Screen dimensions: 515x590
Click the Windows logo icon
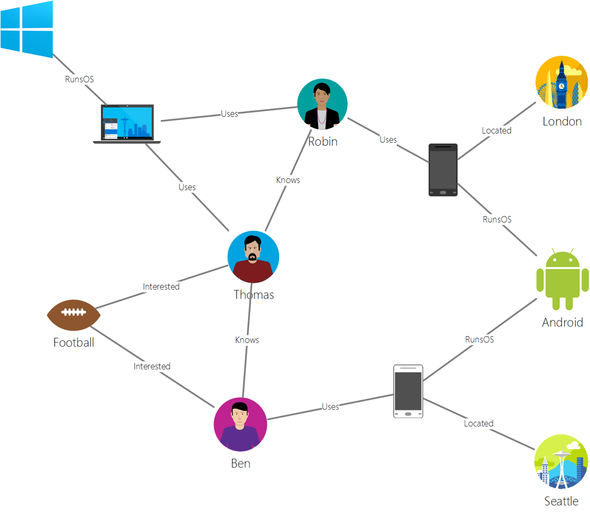click(27, 29)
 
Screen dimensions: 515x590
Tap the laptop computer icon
click(127, 124)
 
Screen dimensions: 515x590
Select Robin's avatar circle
click(322, 104)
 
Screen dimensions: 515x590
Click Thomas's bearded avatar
click(253, 257)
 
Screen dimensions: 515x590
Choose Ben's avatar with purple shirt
click(240, 424)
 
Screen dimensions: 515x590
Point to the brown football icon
click(73, 315)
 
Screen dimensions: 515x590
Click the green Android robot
click(562, 279)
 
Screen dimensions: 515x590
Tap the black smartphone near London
click(443, 170)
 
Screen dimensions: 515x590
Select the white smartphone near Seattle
click(408, 391)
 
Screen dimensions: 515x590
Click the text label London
click(562, 122)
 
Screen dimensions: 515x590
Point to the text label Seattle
click(561, 501)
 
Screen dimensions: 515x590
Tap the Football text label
click(74, 343)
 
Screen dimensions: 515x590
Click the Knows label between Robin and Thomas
click(288, 180)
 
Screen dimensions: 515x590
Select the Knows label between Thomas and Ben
click(247, 340)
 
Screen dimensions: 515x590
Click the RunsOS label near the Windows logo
click(79, 80)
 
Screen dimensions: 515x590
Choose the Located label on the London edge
click(497, 131)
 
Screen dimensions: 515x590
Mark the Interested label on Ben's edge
click(152, 366)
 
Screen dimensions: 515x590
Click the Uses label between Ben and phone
click(330, 406)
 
